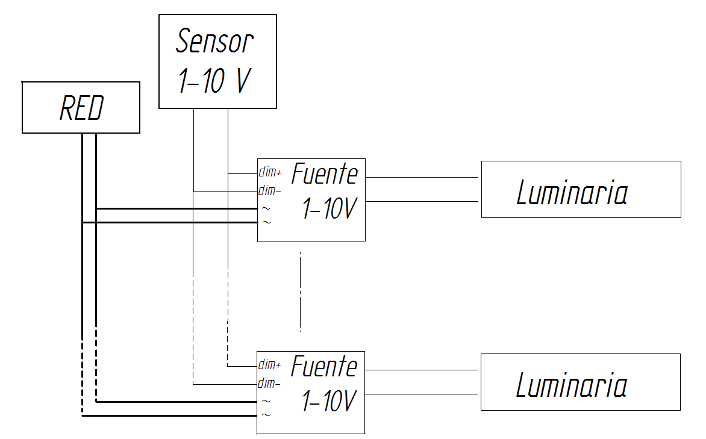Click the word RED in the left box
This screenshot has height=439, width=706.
(81, 109)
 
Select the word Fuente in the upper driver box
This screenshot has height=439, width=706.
(325, 174)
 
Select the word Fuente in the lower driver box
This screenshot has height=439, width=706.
(324, 366)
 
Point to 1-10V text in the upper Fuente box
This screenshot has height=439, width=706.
(328, 210)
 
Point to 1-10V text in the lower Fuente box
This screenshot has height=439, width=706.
(328, 402)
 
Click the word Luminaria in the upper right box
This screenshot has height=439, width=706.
(572, 193)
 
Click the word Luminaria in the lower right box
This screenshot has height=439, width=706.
(572, 385)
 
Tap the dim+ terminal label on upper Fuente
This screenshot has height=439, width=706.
(270, 172)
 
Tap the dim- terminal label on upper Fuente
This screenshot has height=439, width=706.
(269, 191)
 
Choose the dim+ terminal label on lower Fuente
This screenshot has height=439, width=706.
(270, 365)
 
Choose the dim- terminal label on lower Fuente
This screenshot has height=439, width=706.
(269, 384)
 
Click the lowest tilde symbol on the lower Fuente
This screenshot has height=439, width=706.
(266, 415)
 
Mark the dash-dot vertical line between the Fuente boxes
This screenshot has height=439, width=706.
(300, 292)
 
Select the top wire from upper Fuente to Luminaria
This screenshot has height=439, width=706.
(422, 178)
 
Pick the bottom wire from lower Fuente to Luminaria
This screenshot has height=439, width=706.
(422, 394)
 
